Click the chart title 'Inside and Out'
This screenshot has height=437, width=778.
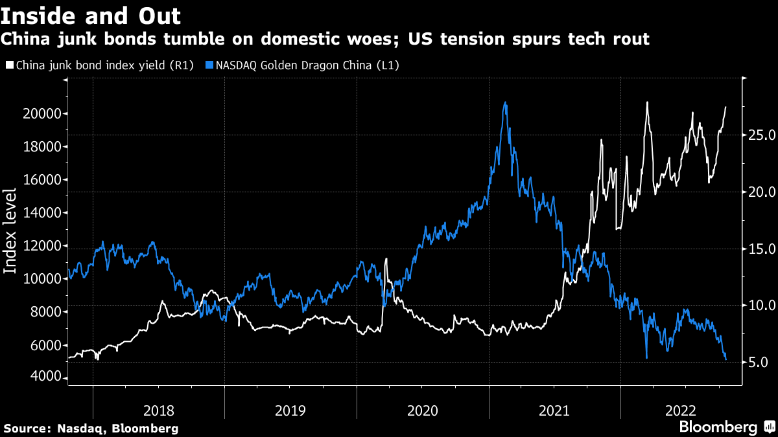91,15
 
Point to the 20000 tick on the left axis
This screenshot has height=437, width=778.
47,114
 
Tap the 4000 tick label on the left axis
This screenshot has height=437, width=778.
47,378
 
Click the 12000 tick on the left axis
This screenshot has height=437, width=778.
47,246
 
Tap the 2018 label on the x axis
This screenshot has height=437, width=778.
159,410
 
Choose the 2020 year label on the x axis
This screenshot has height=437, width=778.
423,410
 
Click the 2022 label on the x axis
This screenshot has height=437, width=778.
684,410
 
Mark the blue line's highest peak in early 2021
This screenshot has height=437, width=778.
505,102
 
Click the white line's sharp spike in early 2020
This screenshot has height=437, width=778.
386,259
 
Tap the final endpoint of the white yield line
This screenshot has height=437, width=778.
725,107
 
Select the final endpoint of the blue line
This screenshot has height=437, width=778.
725,359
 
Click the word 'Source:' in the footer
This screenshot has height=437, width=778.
27,429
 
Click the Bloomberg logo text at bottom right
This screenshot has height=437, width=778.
718,427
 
